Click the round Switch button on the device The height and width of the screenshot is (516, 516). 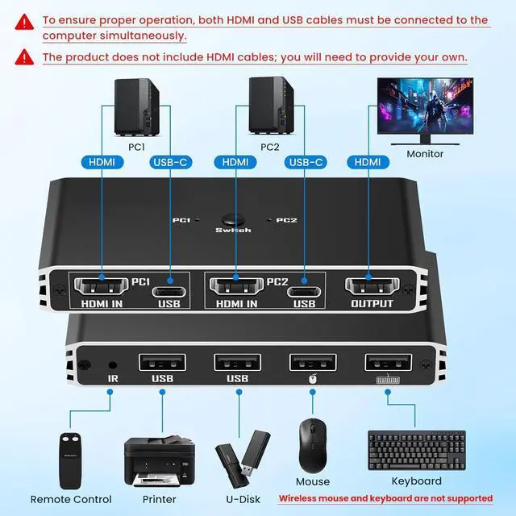coord(233,219)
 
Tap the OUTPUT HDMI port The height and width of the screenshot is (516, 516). coord(372,286)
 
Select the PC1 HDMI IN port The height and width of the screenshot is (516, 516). coord(101,286)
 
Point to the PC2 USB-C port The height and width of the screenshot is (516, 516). coord(304,292)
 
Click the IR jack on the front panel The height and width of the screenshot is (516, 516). coord(113,365)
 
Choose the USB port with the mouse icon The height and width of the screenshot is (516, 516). coord(313,362)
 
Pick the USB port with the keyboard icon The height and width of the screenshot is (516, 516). coord(388,362)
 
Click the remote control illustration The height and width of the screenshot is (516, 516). coord(70,460)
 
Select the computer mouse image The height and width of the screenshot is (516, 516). coord(313,446)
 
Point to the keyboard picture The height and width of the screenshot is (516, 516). coord(417,450)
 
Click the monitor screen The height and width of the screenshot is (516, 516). coord(425,106)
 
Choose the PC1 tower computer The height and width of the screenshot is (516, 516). coord(136,107)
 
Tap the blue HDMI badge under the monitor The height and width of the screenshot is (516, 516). coord(368,162)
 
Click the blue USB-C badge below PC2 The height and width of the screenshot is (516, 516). coord(306,162)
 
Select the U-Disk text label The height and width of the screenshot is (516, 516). coord(243,499)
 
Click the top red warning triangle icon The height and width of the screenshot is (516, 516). coord(24,22)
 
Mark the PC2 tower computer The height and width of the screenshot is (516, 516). coord(271,106)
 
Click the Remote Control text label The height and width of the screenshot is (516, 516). coord(71,499)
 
